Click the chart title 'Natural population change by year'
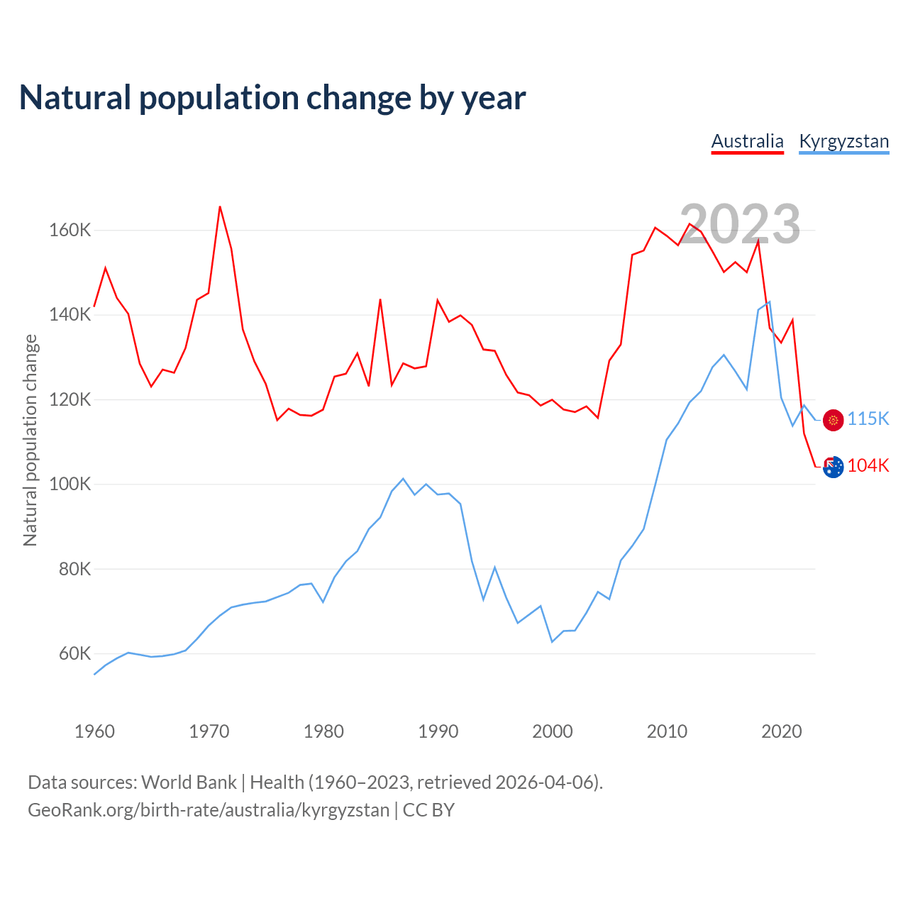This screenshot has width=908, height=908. coord(272,98)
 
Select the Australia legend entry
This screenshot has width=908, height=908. coord(747,141)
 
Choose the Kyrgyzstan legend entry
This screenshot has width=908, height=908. coord(843,141)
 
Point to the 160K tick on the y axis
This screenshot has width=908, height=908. coord(70,231)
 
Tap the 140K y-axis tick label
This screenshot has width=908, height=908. coord(70,315)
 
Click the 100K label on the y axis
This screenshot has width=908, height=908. coord(70,485)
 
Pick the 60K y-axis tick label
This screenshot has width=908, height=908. coord(74,654)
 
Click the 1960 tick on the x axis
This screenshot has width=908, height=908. coord(94,731)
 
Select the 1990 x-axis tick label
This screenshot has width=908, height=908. coord(438,731)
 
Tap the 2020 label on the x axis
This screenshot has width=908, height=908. coord(781,731)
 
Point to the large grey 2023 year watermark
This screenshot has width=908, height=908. coord(740,224)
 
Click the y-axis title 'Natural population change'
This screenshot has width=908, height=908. coord(31,440)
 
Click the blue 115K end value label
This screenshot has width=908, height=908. coord(868,419)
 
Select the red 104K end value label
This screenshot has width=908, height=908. coord(868,466)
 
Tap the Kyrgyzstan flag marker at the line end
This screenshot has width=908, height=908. coord(833,420)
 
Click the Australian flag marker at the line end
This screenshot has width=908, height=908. coord(834,467)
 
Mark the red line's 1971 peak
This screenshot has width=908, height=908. coord(220,206)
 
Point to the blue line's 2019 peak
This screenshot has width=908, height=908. coord(770,301)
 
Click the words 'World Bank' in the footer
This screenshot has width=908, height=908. coord(189,782)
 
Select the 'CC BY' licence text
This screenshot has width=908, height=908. coord(428,810)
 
